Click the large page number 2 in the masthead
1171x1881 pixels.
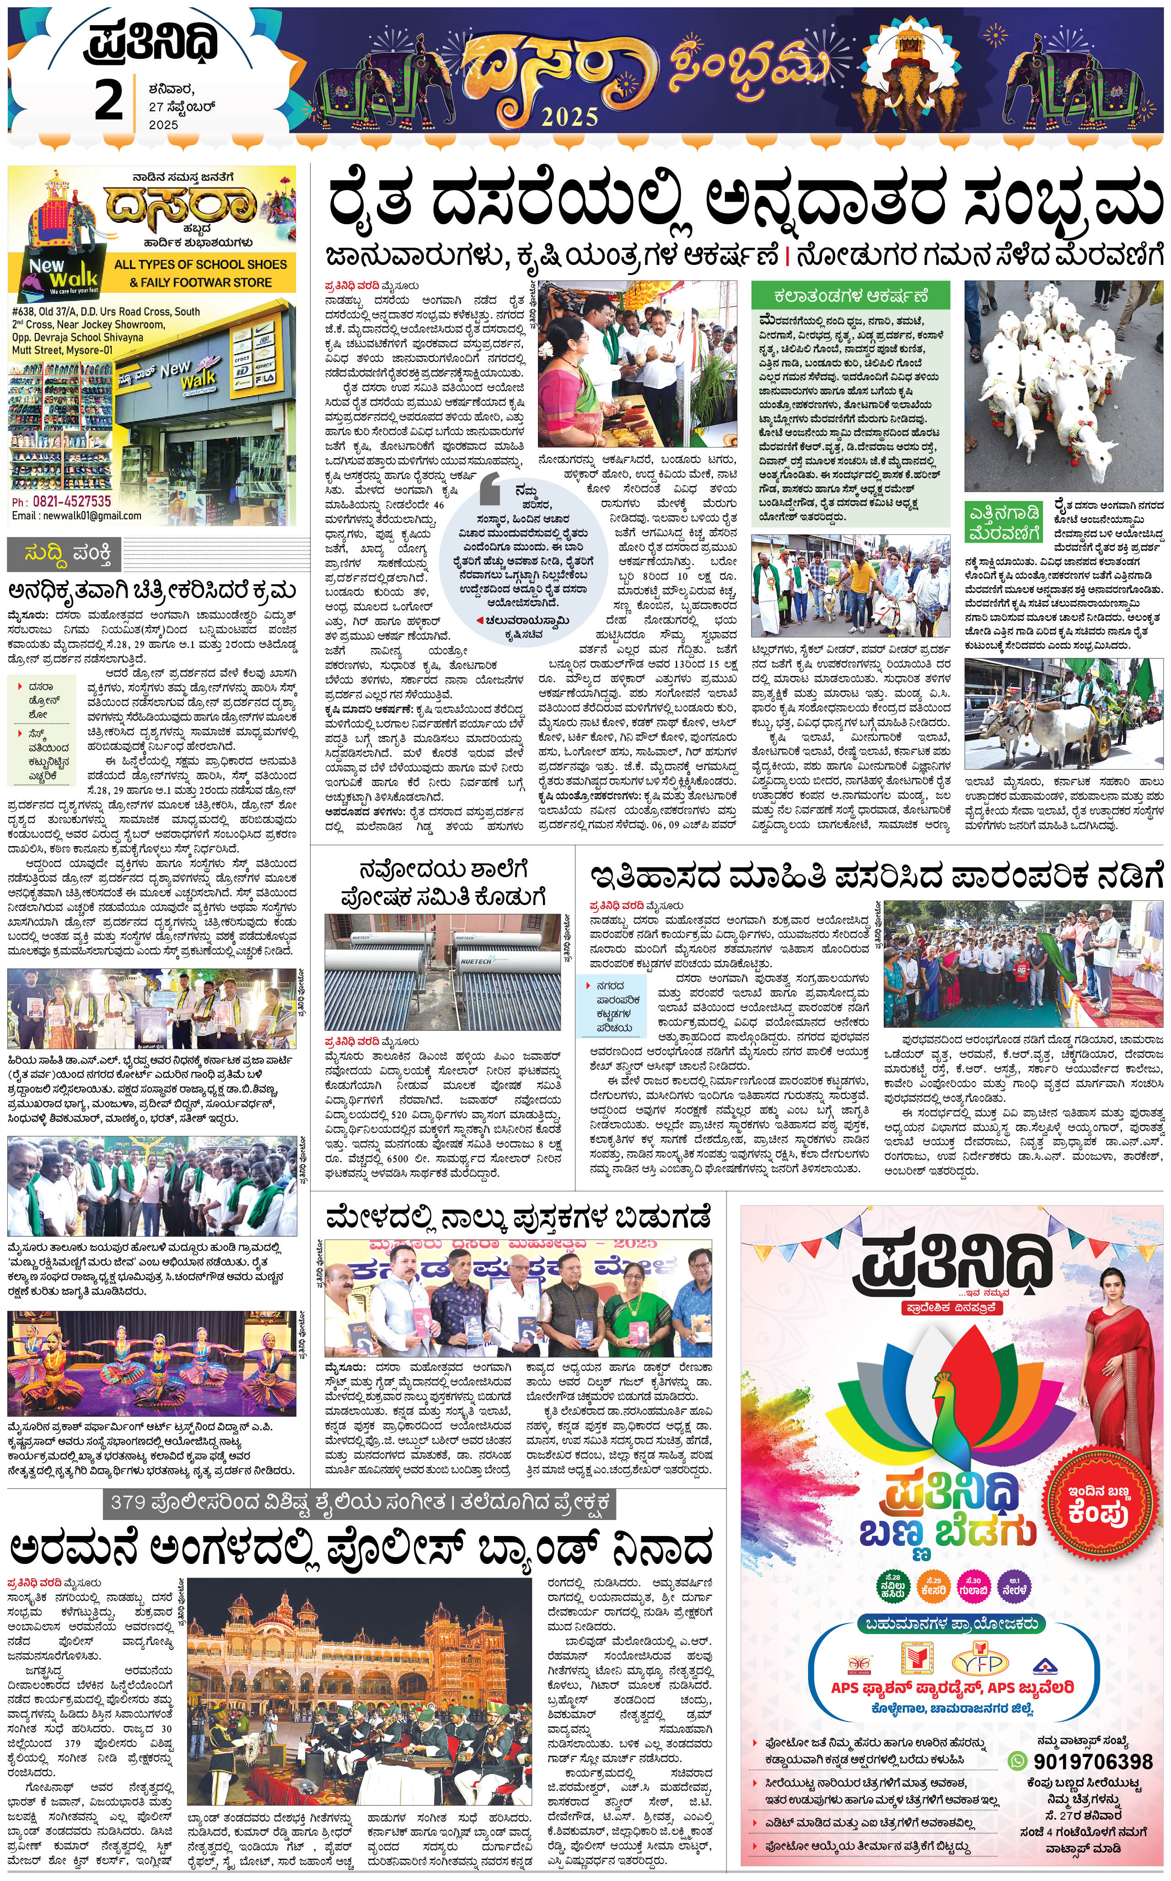pyautogui.click(x=108, y=101)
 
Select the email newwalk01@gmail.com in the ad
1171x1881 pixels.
pyautogui.click(x=77, y=516)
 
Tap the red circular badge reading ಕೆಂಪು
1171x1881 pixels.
pyautogui.click(x=1098, y=1504)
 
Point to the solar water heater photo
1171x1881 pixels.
pyautogui.click(x=442, y=971)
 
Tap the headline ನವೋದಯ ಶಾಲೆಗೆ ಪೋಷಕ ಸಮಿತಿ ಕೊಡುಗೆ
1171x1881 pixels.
pyautogui.click(x=443, y=883)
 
